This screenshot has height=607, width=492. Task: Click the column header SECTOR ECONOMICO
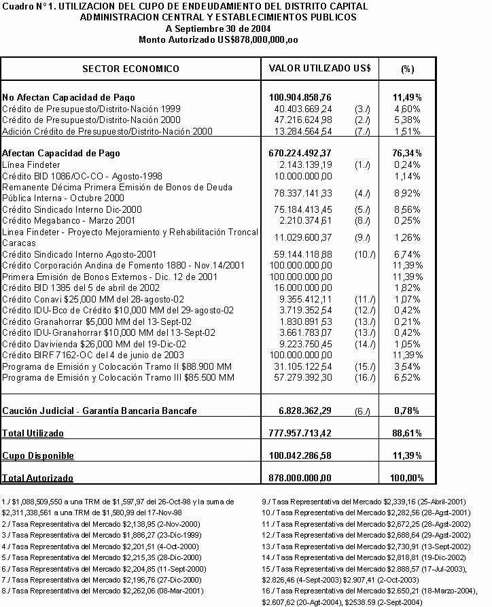[130, 69]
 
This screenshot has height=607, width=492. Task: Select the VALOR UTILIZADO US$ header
[319, 69]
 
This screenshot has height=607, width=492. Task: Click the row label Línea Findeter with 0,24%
[31, 165]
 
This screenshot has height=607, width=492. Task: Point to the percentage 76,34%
[408, 153]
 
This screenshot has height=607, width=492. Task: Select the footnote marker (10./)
[364, 254]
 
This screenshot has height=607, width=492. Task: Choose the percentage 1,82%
[408, 288]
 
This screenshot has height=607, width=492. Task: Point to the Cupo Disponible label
[38, 455]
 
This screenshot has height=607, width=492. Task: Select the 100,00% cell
[408, 479]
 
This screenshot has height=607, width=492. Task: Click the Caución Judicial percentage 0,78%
[408, 411]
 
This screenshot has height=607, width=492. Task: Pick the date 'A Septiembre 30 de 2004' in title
[217, 29]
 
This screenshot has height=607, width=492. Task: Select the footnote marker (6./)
[364, 411]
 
